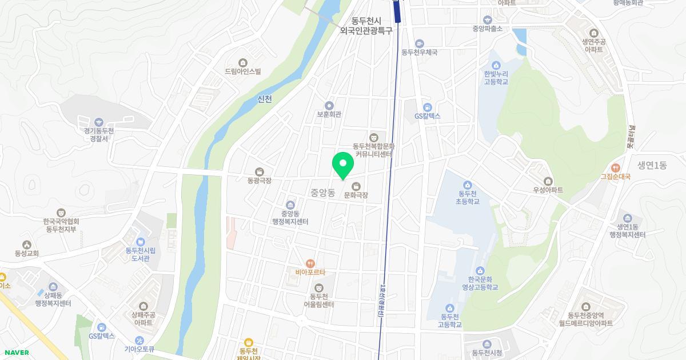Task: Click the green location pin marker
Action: pos(343,166)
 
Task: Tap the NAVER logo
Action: pos(15,353)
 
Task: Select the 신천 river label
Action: pos(265,99)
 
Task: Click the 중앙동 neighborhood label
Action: pos(322,193)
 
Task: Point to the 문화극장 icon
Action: pos(356,186)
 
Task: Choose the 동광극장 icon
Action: pos(260,171)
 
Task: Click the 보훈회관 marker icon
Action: pos(329,105)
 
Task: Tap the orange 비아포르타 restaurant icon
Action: pos(310,263)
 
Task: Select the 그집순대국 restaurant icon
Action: pos(615,168)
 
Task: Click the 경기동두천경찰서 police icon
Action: pos(99,122)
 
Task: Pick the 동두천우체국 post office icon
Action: pos(419,43)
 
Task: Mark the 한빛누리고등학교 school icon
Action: pos(495,65)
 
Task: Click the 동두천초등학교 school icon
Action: pos(467,184)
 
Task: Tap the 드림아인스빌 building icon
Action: pos(243,62)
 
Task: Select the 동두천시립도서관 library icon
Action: pos(141,241)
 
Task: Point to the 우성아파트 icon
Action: pos(548,181)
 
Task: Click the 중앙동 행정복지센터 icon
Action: pos(290,205)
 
